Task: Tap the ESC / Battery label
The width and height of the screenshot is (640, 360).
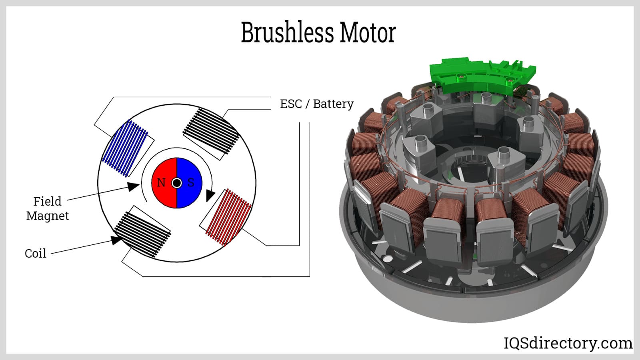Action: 316,104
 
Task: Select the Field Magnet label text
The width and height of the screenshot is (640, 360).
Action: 47,208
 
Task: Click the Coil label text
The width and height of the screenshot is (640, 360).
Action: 35,254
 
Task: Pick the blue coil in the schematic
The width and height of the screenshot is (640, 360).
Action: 126,148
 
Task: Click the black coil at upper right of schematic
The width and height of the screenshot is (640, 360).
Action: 211,132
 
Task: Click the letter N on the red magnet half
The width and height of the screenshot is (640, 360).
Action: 161,183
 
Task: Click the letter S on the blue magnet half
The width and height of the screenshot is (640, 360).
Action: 191,183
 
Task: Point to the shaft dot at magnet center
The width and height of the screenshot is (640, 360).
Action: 176,183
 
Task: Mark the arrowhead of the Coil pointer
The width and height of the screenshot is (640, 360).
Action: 116,240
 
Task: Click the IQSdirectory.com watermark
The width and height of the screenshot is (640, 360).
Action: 568,343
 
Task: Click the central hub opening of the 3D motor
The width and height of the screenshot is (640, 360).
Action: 468,168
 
